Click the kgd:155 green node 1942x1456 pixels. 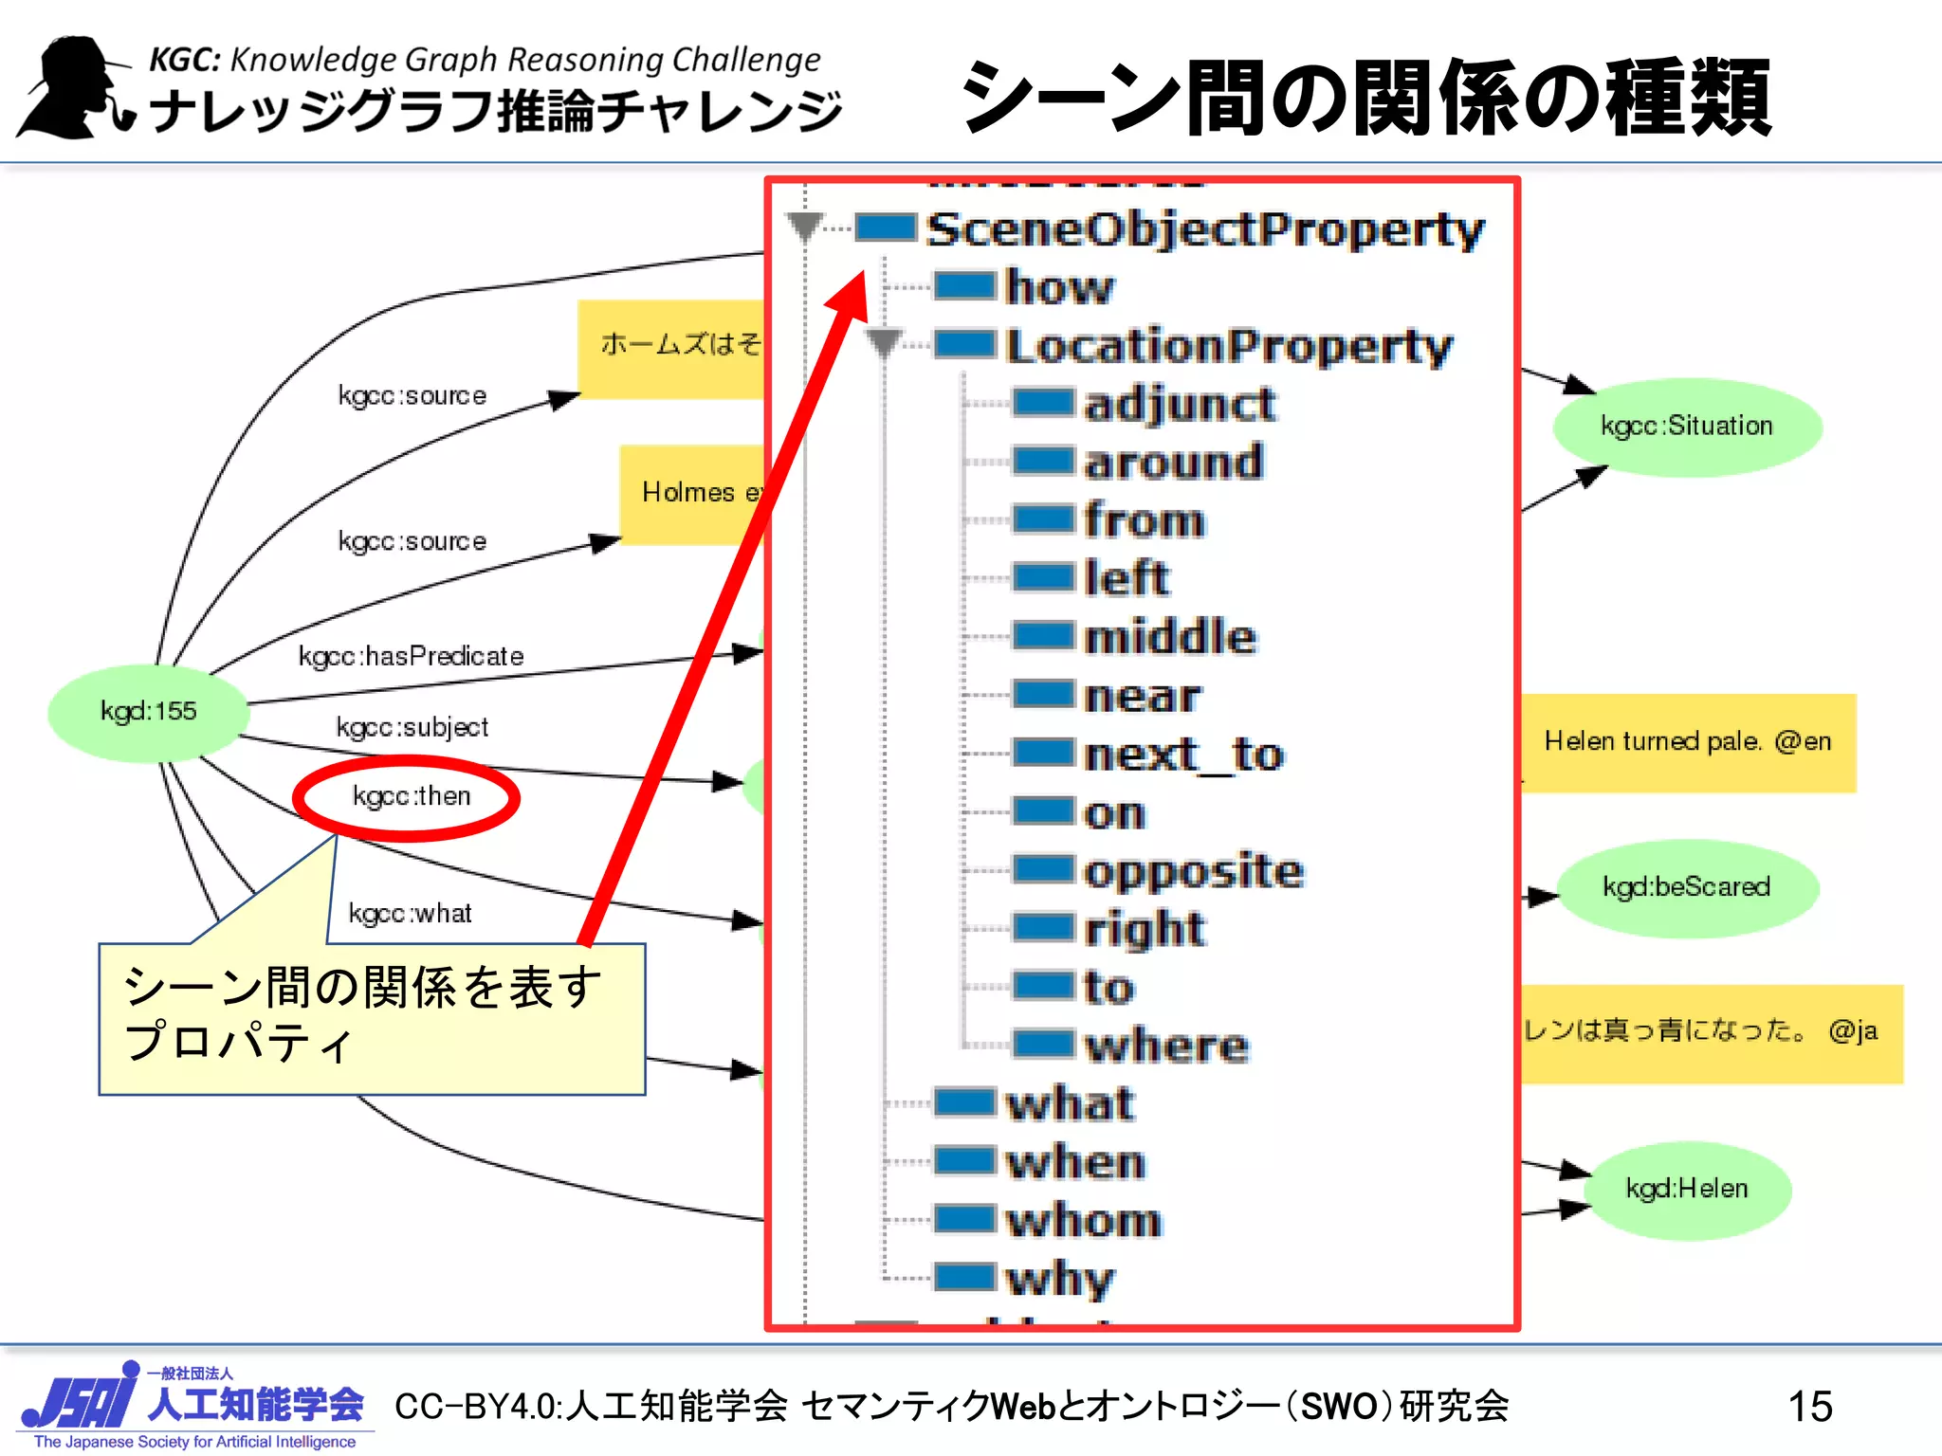[x=149, y=712]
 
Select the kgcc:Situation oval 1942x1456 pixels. [x=1687, y=427]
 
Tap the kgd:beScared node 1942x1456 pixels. [x=1686, y=888]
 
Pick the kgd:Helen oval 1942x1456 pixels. [x=1686, y=1190]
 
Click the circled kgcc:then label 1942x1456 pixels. [x=411, y=796]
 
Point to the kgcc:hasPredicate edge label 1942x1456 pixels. [x=411, y=656]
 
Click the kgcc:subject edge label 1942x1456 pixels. [x=412, y=728]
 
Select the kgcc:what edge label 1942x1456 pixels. [x=410, y=914]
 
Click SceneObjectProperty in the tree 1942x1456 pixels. [x=1204, y=230]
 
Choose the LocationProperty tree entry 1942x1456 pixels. [x=1229, y=346]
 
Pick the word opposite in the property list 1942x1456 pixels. [x=1194, y=871]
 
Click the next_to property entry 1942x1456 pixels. [x=1183, y=755]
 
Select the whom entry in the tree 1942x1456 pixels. [x=1083, y=1221]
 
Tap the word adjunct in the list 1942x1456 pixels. [x=1180, y=405]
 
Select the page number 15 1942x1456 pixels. [x=1809, y=1407]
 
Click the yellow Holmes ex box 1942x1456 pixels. [x=692, y=494]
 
